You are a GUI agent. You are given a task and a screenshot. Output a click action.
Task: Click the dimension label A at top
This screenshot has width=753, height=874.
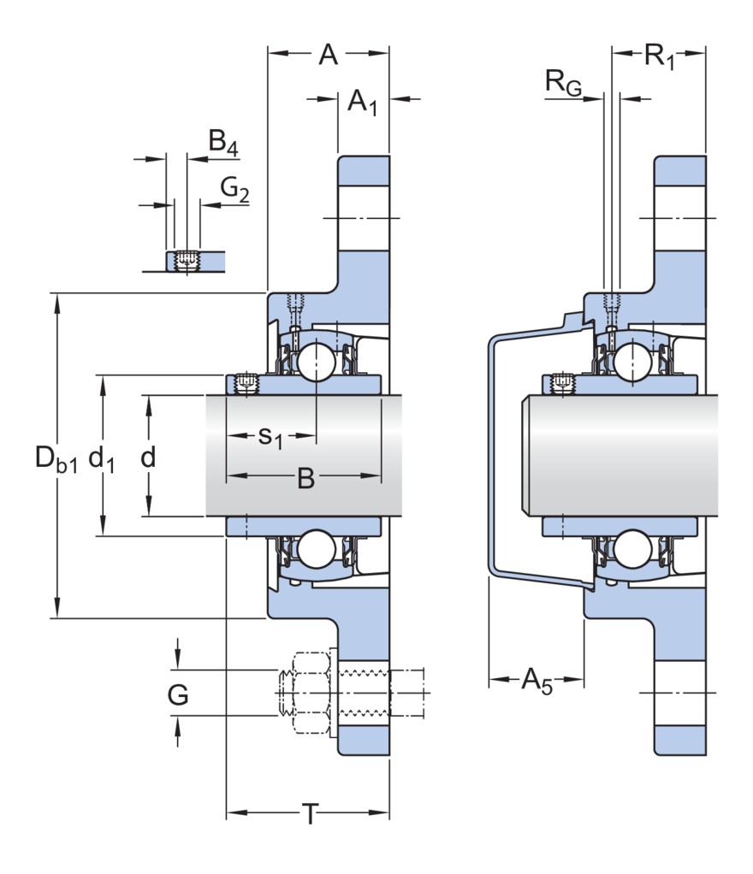328,55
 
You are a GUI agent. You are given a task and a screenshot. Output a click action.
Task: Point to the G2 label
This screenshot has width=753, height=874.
234,188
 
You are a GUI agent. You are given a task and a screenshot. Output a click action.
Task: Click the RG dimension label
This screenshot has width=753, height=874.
563,84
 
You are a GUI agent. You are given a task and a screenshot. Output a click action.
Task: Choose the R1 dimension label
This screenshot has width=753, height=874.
659,57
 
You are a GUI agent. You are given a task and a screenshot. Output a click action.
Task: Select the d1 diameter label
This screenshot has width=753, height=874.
102,459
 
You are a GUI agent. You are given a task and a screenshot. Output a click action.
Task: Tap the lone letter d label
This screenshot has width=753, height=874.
148,458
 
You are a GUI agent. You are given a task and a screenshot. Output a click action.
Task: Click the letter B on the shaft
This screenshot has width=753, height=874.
305,479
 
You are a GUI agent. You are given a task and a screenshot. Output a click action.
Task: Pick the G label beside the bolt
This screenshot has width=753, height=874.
178,695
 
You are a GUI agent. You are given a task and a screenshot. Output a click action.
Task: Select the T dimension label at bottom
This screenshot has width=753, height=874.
308,815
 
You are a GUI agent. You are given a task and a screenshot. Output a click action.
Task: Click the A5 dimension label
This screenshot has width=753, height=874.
537,682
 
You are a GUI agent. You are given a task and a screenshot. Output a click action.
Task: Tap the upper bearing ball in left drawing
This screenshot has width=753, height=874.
315,360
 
